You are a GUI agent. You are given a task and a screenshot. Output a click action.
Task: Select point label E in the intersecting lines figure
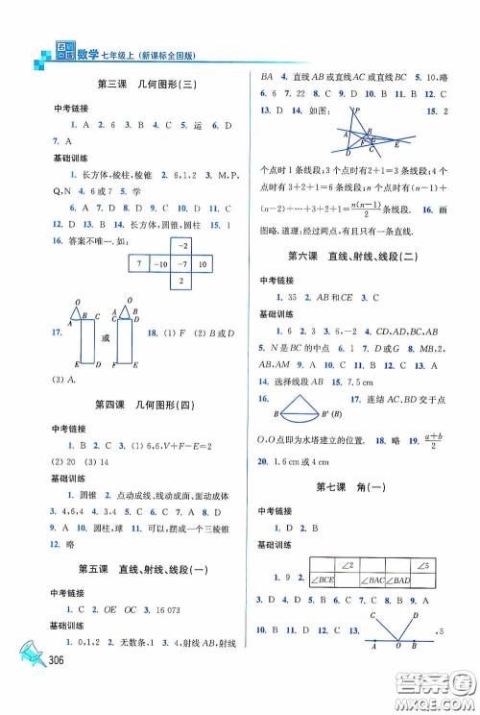click(396, 143)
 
